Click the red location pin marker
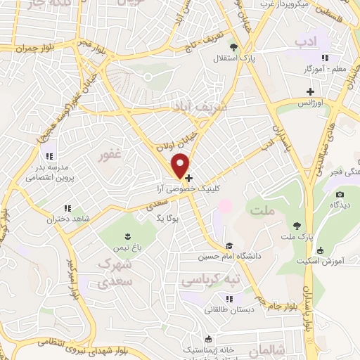[181, 165]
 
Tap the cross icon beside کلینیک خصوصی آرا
[188, 179]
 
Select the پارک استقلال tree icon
[234, 48]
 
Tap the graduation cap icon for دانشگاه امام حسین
[229, 246]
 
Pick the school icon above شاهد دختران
[67, 208]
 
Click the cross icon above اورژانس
[310, 91]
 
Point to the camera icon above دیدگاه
[340, 195]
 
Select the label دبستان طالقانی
[228, 309]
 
